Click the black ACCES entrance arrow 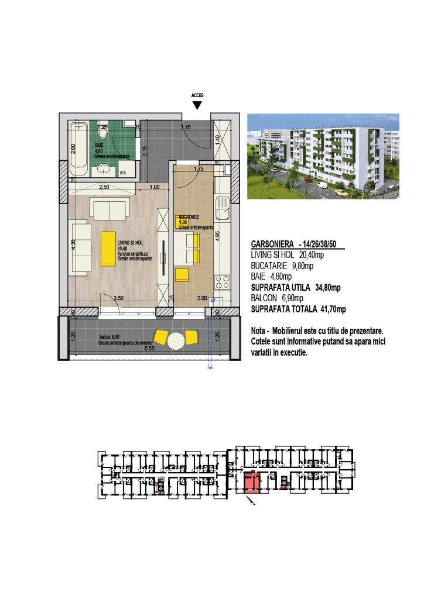pyautogui.click(x=197, y=105)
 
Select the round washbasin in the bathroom pyautogui.click(x=105, y=170)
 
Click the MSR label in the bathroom pyautogui.click(x=123, y=173)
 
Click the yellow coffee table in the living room pyautogui.click(x=108, y=249)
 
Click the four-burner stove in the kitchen pyautogui.click(x=223, y=282)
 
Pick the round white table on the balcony pyautogui.click(x=176, y=340)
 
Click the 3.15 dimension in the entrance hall pyautogui.click(x=186, y=127)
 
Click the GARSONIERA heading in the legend pyautogui.click(x=272, y=244)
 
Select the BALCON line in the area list pyautogui.click(x=277, y=298)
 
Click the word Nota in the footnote pyautogui.click(x=259, y=331)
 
